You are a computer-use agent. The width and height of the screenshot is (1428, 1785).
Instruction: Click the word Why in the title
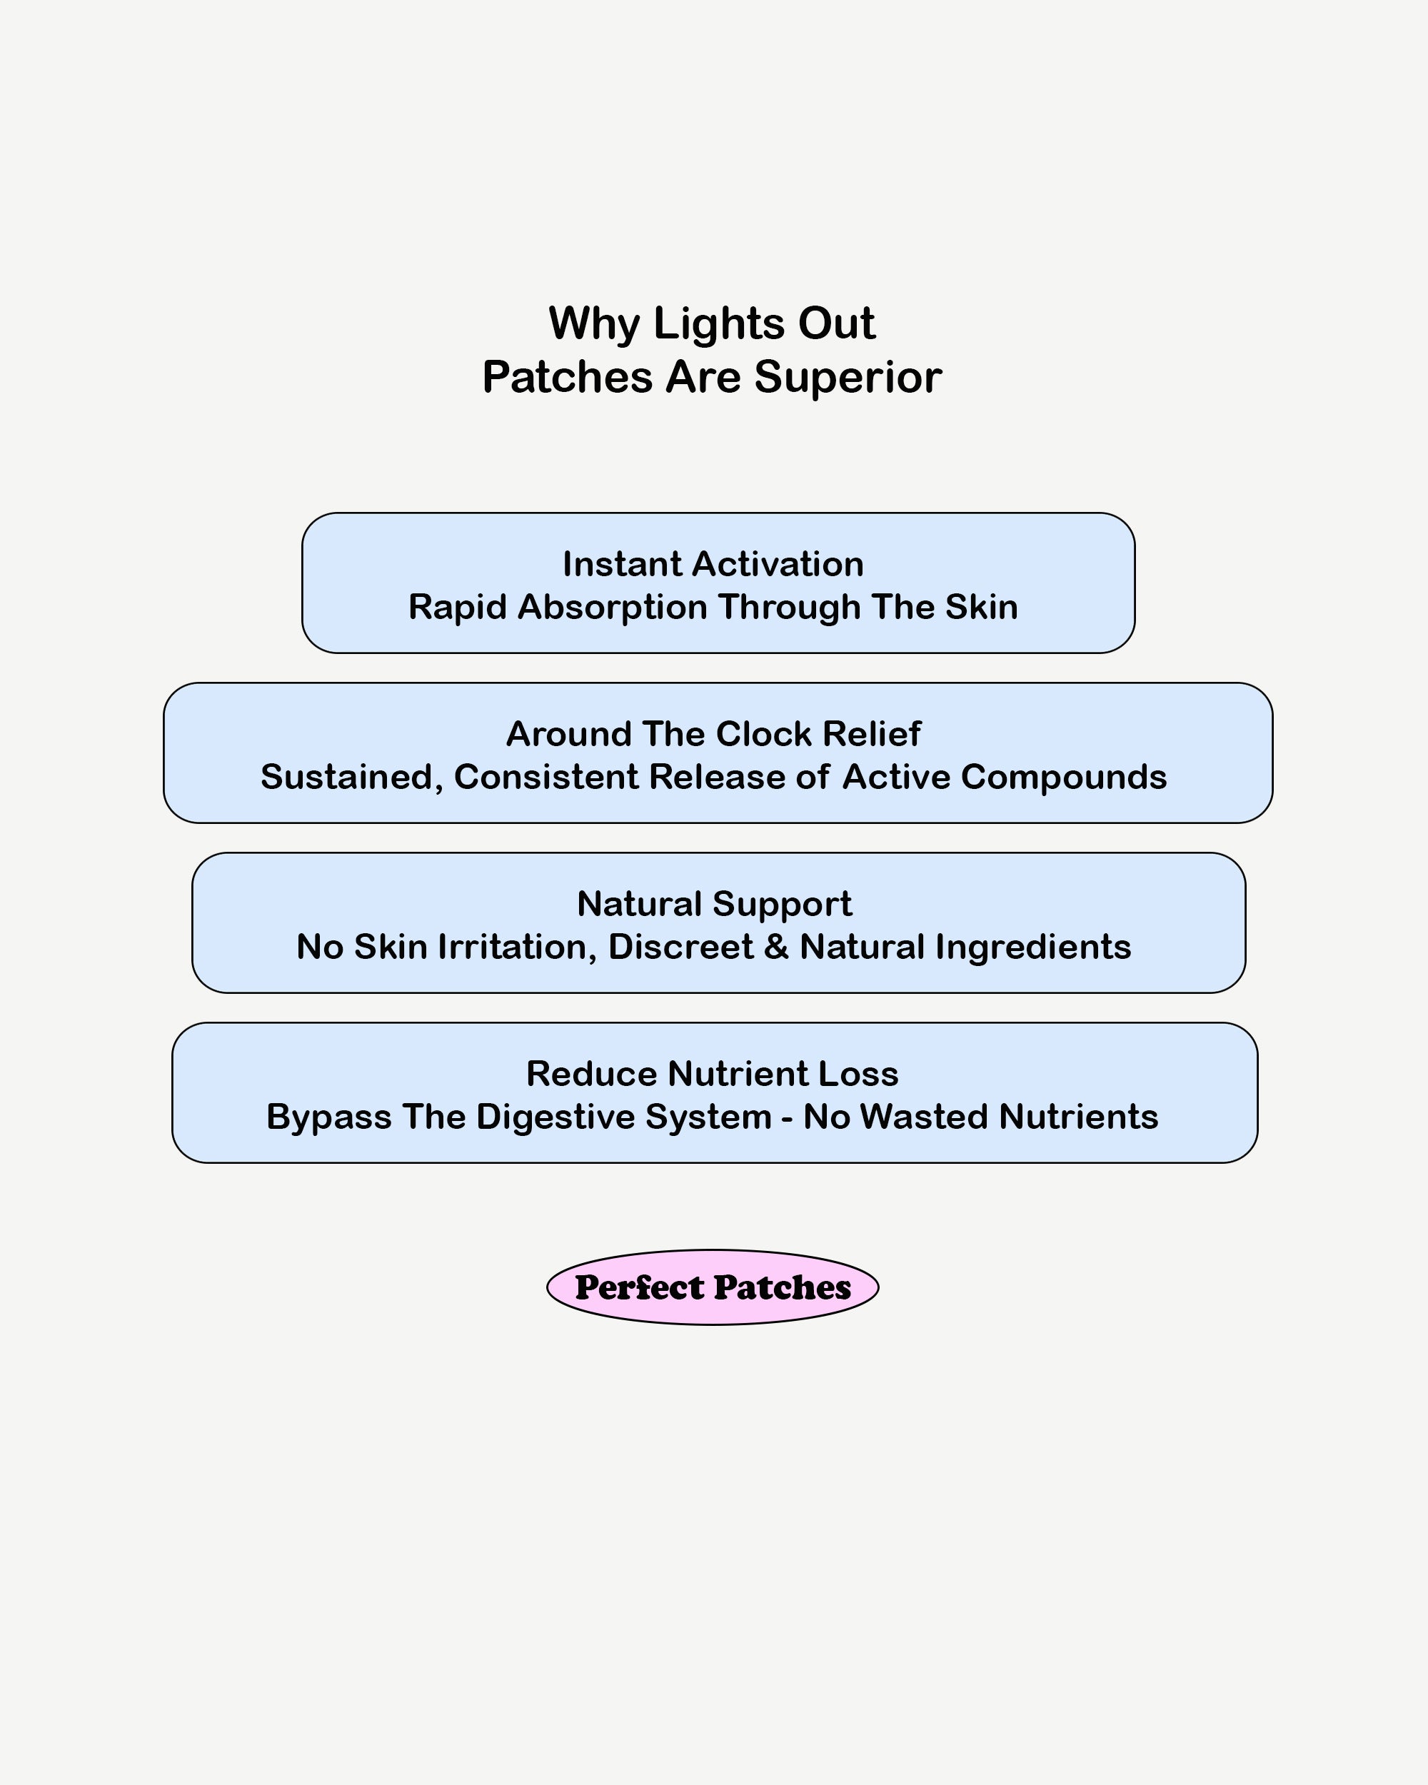(x=593, y=323)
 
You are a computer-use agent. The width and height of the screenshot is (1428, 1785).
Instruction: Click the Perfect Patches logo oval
(x=713, y=1287)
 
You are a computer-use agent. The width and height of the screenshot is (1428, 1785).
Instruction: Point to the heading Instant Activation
(x=713, y=565)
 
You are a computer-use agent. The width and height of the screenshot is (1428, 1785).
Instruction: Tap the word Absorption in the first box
(x=612, y=608)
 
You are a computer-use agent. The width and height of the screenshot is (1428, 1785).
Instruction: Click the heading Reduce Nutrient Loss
(x=712, y=1074)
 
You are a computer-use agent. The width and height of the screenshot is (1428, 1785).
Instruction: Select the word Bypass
(x=328, y=1117)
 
